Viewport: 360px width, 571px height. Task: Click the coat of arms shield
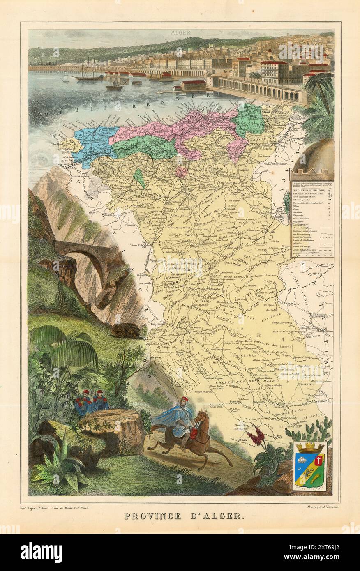310,466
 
